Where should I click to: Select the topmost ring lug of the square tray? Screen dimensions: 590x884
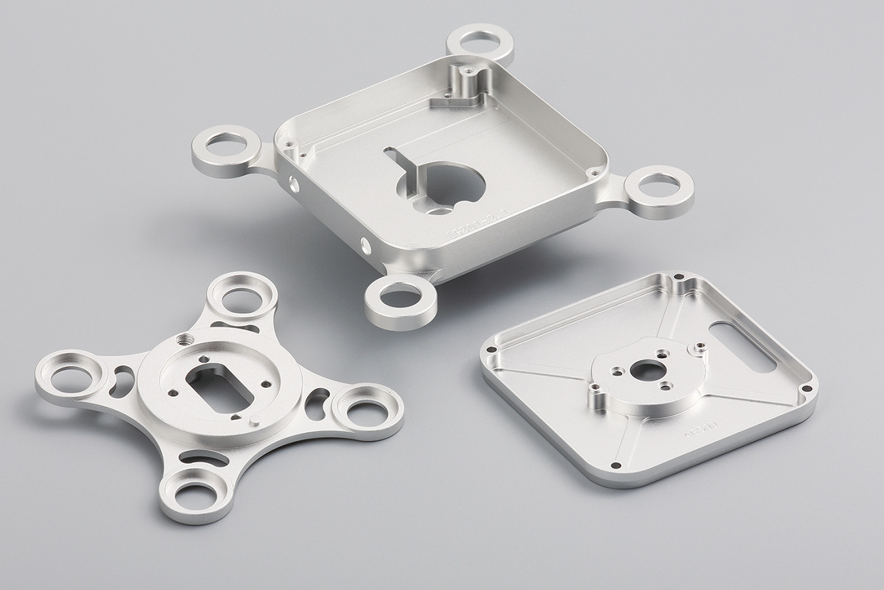tap(479, 42)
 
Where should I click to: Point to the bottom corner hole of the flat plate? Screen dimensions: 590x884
tap(615, 465)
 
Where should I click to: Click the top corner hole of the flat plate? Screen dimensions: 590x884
tap(679, 277)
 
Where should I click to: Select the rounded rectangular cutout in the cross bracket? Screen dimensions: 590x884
tap(217, 387)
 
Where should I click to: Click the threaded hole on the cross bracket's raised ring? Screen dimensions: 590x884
tap(182, 338)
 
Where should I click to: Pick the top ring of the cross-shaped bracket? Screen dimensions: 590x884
tap(241, 297)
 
